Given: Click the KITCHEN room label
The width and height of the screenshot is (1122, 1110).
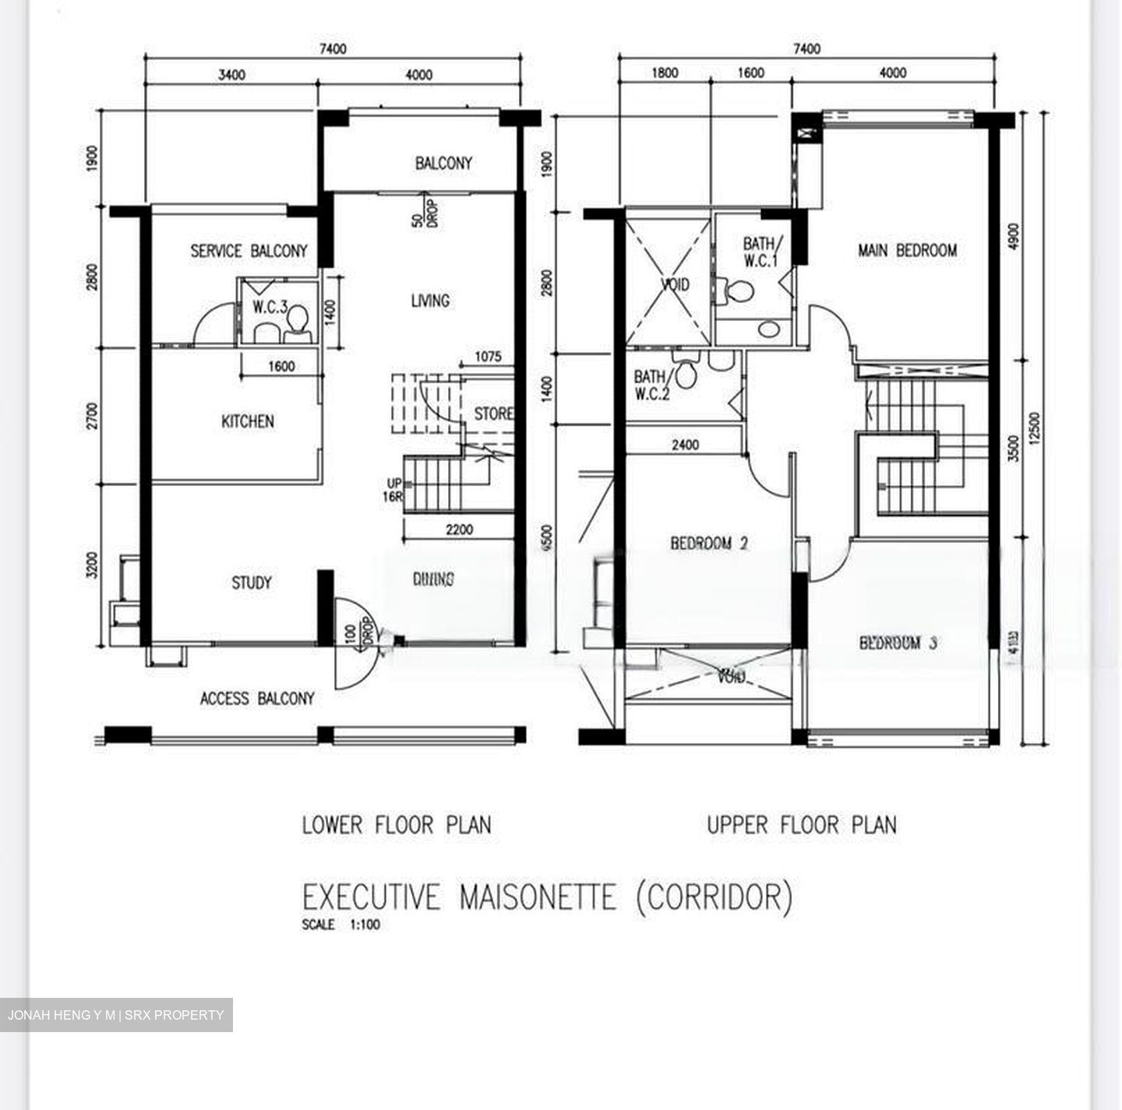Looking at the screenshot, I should point(248,421).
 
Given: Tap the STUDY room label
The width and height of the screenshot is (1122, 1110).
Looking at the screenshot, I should point(251,583).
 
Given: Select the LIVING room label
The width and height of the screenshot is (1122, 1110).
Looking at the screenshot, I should point(430,301).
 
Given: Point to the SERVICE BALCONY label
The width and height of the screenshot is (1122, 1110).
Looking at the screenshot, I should point(249,251).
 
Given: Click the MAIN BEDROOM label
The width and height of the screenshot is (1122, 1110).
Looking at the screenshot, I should point(907,250).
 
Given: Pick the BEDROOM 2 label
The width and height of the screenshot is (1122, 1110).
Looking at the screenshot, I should point(709,543).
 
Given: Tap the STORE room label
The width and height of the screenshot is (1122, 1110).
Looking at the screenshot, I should point(493,414).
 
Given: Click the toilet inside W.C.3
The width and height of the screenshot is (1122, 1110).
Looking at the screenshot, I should point(297,320).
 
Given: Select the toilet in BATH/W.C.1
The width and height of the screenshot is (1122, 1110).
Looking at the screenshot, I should point(737,291).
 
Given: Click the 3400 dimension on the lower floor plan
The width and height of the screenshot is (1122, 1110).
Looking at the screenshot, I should point(231,76).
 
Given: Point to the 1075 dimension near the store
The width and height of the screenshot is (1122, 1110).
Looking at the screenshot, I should point(488,358).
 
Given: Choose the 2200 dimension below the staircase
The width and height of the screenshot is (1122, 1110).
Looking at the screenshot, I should point(459,530).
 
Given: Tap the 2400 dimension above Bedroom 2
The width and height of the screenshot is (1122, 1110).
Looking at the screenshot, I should point(685,446).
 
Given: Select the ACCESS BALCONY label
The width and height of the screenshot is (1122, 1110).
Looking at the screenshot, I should point(257,699).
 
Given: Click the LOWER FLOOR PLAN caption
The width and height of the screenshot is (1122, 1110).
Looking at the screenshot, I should point(397,825).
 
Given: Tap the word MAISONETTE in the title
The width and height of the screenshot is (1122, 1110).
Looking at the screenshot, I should point(537,897).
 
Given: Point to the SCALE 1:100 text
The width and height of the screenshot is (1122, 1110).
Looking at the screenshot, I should point(341,926).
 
